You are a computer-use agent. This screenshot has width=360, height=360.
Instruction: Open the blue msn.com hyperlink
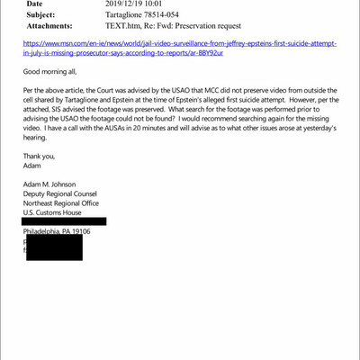[180, 47]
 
